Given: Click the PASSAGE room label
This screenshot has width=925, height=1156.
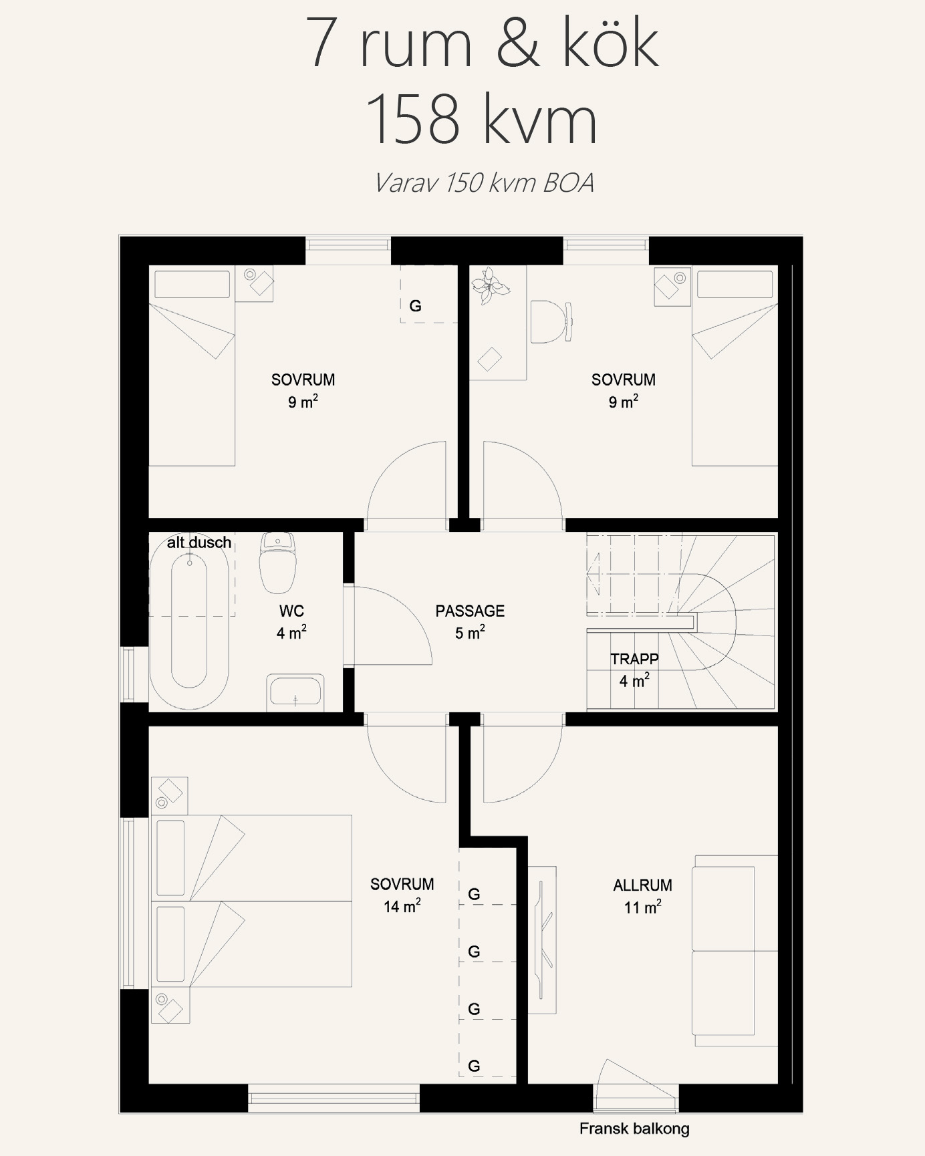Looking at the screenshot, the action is pos(470,611).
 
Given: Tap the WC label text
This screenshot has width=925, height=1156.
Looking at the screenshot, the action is pos(291,611).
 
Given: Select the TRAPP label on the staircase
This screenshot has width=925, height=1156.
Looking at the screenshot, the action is pos(634,659).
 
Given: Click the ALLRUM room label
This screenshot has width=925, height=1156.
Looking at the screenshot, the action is pos(642,885).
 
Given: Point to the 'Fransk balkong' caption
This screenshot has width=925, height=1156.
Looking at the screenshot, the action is pos(634,1129).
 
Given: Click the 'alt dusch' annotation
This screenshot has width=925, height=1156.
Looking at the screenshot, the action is pos(199,543).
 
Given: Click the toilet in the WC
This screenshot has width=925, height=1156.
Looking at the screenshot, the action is pos(277,563).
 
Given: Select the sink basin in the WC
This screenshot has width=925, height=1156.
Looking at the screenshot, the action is pos(295,693).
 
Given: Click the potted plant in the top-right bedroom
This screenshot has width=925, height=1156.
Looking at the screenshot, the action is pos(489,285).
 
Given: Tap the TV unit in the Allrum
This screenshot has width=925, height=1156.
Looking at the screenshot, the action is pos(542,940).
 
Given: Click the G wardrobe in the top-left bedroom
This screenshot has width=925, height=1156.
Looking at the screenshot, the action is pos(428,295).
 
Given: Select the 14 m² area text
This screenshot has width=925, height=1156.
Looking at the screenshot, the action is pos(402,906).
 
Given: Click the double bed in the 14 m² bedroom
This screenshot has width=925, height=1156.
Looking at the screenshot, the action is pos(252,901).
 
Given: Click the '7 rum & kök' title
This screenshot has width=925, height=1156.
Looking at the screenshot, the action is pos(483,43).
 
